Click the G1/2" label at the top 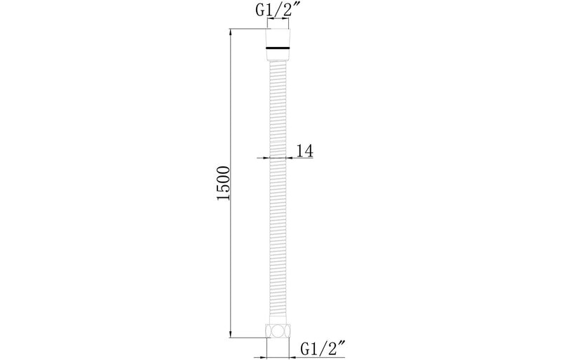click(x=274, y=11)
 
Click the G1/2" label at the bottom click(x=323, y=349)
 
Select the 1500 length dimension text click(x=224, y=183)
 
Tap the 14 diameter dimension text click(x=305, y=151)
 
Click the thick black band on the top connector click(x=278, y=48)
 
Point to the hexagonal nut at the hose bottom click(x=278, y=331)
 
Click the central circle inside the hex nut click(x=278, y=331)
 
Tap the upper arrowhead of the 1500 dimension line click(x=230, y=32)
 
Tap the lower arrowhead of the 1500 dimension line click(x=230, y=333)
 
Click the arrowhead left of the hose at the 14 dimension click(x=266, y=157)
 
